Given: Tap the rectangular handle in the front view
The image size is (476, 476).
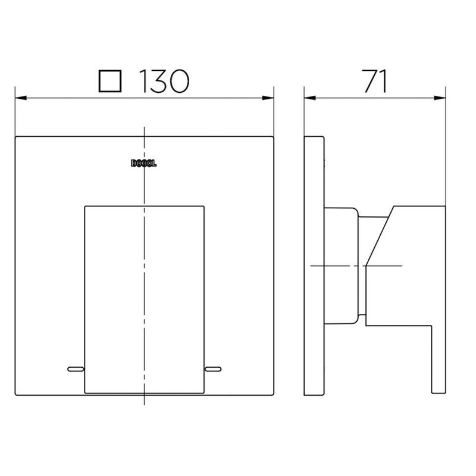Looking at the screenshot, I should (144, 297).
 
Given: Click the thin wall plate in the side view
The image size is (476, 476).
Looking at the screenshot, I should (314, 268).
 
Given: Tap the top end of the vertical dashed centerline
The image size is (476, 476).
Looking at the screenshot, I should (144, 129).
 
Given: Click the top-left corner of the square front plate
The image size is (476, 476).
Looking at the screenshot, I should (16, 137).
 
